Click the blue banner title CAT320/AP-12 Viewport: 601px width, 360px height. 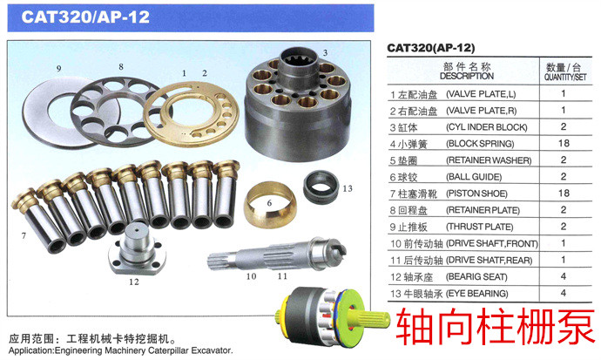tap(85, 17)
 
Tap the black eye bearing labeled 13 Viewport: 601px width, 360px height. tap(321, 187)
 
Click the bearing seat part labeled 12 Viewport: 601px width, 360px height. tap(137, 249)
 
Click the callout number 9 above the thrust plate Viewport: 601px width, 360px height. tap(58, 69)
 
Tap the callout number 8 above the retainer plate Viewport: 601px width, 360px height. tap(121, 67)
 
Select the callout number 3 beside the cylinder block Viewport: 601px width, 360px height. tap(325, 52)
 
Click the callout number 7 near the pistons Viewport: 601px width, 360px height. tap(24, 235)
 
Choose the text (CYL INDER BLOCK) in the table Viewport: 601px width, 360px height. tap(487, 127)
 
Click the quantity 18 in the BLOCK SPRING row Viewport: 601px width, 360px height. tap(564, 143)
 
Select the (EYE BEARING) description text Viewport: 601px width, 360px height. tap(477, 294)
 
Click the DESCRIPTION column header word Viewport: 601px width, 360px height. tap(467, 76)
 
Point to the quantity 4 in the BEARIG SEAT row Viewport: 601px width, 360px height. tap(563, 276)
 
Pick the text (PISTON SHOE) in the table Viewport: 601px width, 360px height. tap(476, 194)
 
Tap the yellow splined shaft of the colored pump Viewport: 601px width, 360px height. tap(368, 319)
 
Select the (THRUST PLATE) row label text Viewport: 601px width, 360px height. tap(480, 227)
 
